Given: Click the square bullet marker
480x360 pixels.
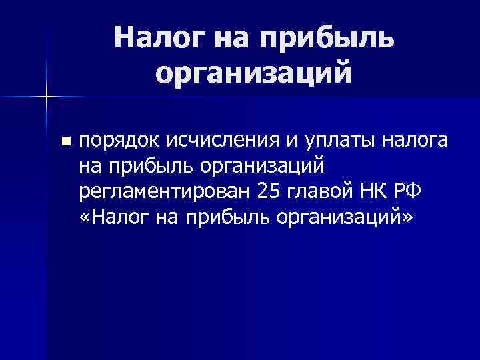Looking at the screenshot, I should click(65, 141).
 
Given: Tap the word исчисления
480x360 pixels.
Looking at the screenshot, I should click(207, 141).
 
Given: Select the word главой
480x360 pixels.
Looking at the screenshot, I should click(317, 191).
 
